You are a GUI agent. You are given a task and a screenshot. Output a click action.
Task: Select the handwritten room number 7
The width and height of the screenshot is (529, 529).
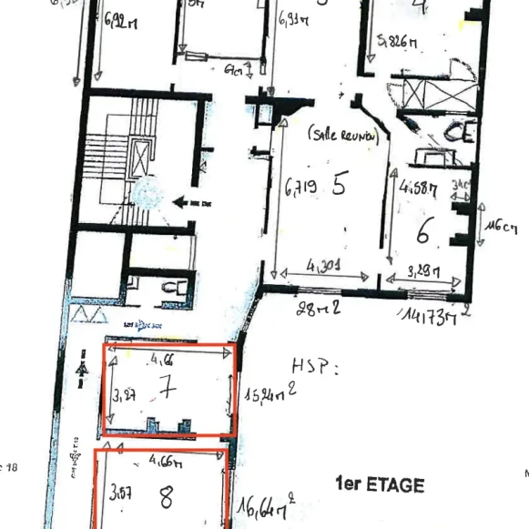tap(167, 390)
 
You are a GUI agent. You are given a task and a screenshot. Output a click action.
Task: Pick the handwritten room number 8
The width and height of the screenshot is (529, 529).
tap(167, 498)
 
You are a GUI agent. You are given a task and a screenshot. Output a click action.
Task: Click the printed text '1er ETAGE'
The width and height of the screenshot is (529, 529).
tap(380, 484)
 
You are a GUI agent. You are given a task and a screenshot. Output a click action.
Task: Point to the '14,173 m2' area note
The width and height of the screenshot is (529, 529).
tap(432, 315)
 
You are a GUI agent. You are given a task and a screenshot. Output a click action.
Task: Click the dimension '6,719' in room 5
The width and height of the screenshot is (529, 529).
tap(300, 189)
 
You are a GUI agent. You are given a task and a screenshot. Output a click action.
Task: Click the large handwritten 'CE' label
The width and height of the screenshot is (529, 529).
tap(460, 133)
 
